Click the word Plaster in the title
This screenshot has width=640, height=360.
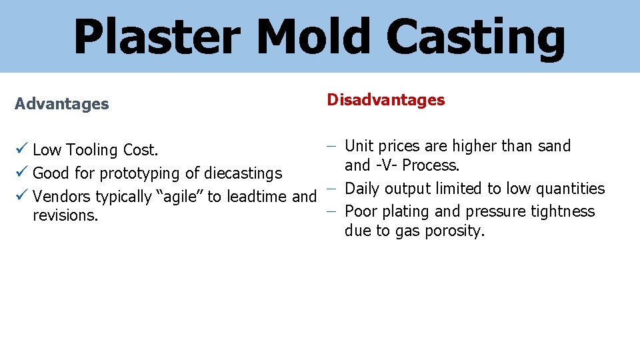(x=156, y=37)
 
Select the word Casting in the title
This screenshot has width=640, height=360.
(x=475, y=37)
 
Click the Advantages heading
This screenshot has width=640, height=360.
(x=61, y=104)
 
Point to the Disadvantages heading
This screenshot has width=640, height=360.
(x=385, y=100)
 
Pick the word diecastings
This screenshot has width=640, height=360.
(x=243, y=173)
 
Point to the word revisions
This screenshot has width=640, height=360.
(x=65, y=216)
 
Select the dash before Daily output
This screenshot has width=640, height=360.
(x=331, y=189)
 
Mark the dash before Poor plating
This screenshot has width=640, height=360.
(x=331, y=211)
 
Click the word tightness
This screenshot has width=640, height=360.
(x=561, y=211)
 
